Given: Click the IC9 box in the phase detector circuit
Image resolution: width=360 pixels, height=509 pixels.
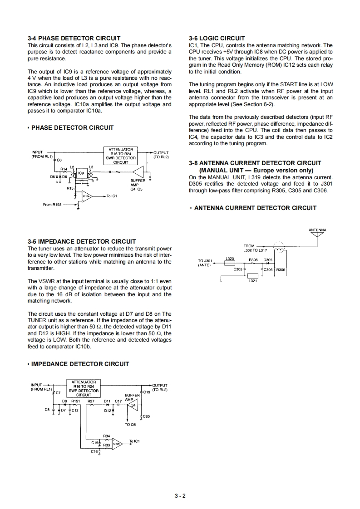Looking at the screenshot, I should (x=81, y=173).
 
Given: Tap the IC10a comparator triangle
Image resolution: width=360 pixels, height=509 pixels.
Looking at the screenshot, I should (x=87, y=196).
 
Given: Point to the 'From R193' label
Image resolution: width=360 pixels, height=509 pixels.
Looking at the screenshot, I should (x=52, y=205).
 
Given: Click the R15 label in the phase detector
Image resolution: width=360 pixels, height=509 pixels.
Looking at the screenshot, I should (x=70, y=188).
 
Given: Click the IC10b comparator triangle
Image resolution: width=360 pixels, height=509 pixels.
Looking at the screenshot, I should (x=117, y=444).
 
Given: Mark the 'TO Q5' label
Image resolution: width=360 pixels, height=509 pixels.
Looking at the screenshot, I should (x=130, y=425).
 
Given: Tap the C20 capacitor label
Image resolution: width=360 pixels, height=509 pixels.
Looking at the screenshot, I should (x=146, y=416).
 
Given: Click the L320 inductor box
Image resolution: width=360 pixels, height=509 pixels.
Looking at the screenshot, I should (x=230, y=262).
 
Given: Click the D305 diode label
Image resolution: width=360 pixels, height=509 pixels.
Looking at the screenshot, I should (x=268, y=260).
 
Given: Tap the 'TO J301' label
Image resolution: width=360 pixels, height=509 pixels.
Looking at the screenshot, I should (x=205, y=260).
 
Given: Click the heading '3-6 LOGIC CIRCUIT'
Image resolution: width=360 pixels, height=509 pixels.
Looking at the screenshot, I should (x=217, y=38).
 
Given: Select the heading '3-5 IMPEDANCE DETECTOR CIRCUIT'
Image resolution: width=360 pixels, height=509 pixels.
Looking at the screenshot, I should (x=81, y=241).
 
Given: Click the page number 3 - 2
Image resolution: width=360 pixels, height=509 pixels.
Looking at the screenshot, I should (x=180, y=495).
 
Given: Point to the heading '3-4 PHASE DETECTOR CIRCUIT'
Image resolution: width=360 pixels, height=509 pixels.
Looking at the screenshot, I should (x=74, y=38).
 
